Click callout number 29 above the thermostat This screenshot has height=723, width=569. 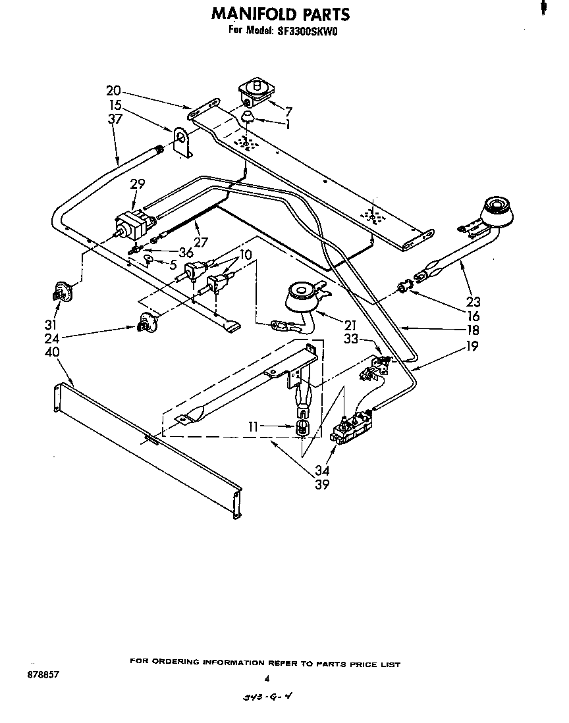click(x=137, y=184)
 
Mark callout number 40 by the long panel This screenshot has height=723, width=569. click(x=53, y=352)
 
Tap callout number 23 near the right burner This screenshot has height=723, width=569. click(x=473, y=303)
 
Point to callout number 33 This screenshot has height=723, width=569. click(x=351, y=340)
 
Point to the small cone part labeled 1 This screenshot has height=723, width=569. click(x=248, y=118)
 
